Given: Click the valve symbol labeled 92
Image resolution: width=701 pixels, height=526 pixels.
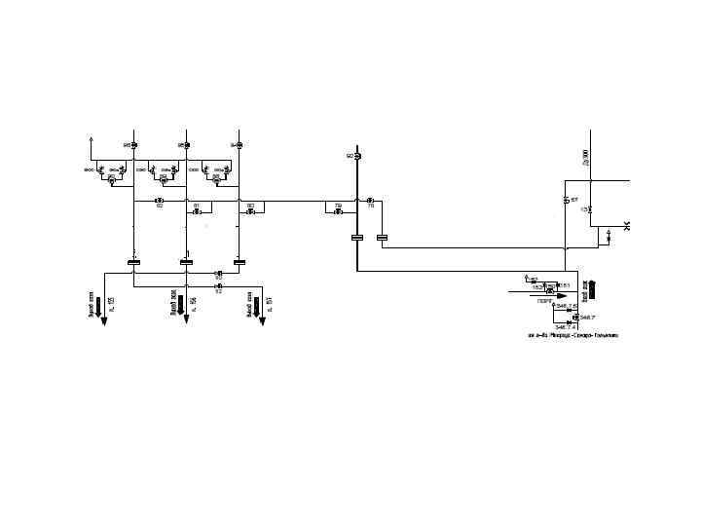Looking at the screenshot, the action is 357,156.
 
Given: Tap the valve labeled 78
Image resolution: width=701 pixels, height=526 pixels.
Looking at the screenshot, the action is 370,201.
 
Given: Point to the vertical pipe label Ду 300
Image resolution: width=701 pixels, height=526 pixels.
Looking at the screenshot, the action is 586,158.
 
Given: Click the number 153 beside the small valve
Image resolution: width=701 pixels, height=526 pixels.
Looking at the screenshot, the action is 564,284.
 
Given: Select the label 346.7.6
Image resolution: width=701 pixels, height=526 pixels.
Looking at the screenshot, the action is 568,306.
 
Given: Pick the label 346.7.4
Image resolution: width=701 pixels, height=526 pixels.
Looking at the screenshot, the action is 566,326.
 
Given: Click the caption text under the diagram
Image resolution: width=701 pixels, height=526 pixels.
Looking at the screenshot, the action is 572,336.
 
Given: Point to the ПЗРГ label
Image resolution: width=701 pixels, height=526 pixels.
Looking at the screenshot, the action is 543,302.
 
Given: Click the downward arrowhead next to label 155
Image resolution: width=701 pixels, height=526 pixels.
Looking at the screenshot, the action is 99,319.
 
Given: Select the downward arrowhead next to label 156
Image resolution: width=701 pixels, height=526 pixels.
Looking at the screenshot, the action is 186,319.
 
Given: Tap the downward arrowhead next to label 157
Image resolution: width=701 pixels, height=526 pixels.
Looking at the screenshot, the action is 260,319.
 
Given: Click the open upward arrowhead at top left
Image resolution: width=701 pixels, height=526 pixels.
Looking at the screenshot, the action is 91,139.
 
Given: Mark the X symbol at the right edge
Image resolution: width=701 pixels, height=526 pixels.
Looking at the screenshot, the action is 628,227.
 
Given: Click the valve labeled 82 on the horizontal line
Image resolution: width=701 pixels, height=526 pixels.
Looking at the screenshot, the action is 159,201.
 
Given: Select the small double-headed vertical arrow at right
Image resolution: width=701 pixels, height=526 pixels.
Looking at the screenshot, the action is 609,235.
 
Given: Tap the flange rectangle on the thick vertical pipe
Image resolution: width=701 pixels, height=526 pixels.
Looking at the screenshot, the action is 356,237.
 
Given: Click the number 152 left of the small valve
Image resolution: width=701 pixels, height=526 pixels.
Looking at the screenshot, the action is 537,288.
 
